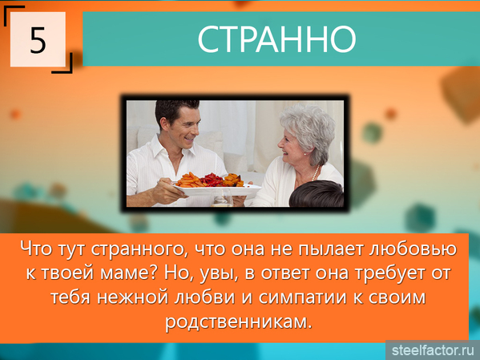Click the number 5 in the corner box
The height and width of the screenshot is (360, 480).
pos(38,40)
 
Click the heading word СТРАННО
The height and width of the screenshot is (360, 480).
pos(276,39)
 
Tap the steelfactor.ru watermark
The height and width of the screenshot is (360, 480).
pos(433,350)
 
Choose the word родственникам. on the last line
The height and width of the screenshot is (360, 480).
pos(239,322)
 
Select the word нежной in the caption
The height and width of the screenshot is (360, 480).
pos(133,297)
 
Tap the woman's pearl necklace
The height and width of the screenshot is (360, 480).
pos(315,173)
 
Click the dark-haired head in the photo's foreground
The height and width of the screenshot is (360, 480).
pos(317,194)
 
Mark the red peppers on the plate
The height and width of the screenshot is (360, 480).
pos(212,179)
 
